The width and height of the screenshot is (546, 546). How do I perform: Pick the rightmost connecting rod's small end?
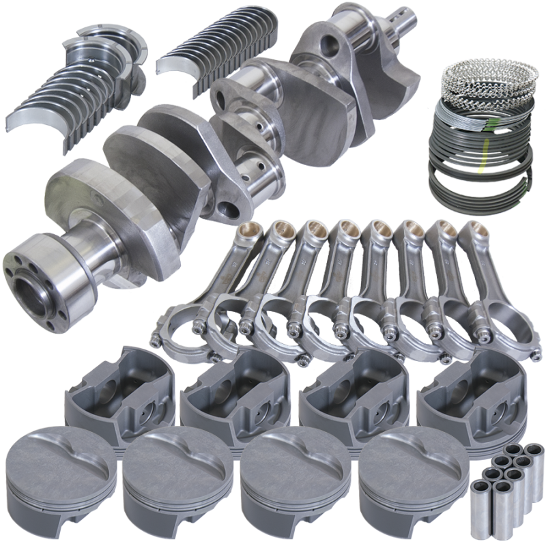pos(471,232)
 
